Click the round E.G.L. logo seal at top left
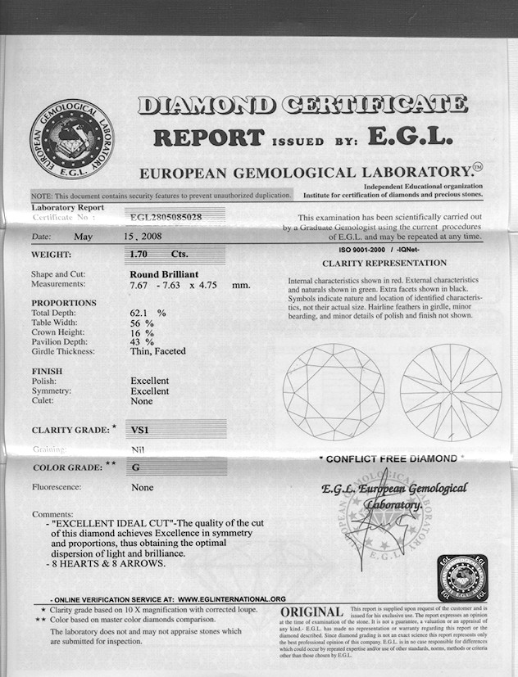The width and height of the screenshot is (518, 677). [x=71, y=139]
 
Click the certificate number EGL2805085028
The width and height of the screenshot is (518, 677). [x=166, y=218]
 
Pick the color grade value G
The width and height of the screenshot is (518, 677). [x=136, y=467]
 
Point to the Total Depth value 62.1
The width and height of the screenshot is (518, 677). [x=143, y=313]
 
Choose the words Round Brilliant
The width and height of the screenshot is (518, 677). [x=164, y=273]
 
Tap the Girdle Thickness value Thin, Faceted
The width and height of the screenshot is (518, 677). [x=158, y=351]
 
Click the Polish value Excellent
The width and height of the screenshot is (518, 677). [x=149, y=381]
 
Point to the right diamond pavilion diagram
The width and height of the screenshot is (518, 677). [x=450, y=391]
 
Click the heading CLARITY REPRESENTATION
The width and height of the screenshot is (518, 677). [x=384, y=263]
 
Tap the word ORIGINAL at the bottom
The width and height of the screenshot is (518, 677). [x=311, y=612]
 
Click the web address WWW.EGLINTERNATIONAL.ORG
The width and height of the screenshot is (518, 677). [x=231, y=598]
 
